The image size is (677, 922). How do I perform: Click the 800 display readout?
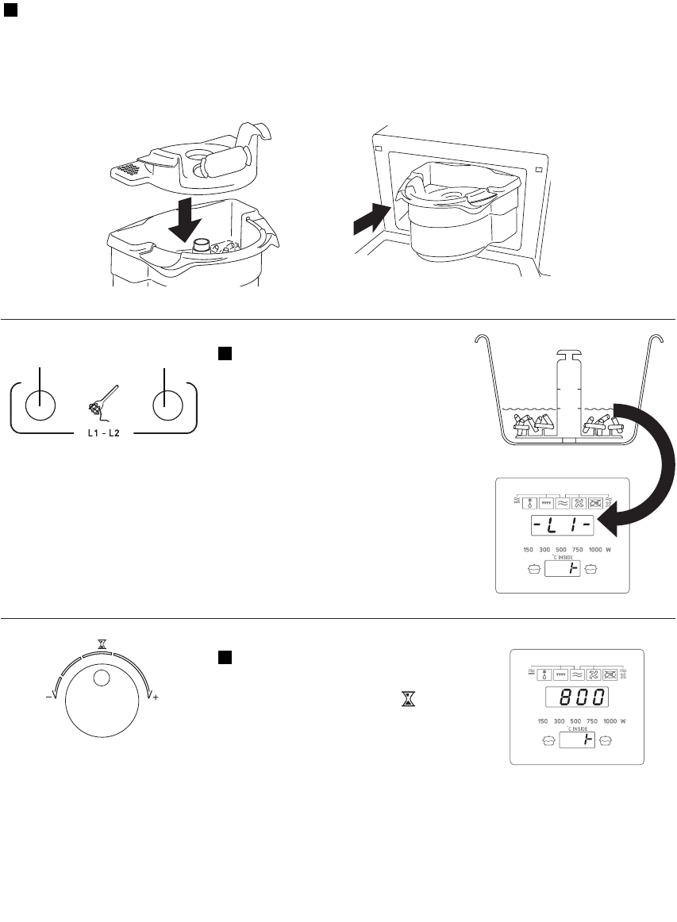[576, 698]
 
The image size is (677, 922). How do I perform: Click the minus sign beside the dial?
[48, 697]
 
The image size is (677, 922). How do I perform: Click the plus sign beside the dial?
[156, 697]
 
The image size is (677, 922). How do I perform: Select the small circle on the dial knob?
[101, 678]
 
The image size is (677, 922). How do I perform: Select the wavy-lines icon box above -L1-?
[562, 501]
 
